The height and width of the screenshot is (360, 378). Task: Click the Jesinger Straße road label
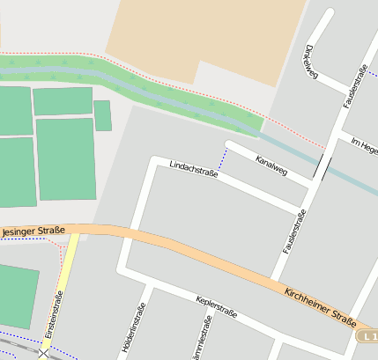coord(33,231)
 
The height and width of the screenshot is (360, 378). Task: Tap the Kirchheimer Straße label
coord(319,307)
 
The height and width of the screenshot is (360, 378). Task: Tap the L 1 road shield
coord(368,336)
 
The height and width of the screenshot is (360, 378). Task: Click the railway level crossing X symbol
coord(44,353)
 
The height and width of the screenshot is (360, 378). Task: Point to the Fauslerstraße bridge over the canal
coord(323,166)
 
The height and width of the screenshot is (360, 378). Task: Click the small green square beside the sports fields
coord(102,115)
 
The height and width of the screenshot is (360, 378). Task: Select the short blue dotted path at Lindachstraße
coord(224,158)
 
